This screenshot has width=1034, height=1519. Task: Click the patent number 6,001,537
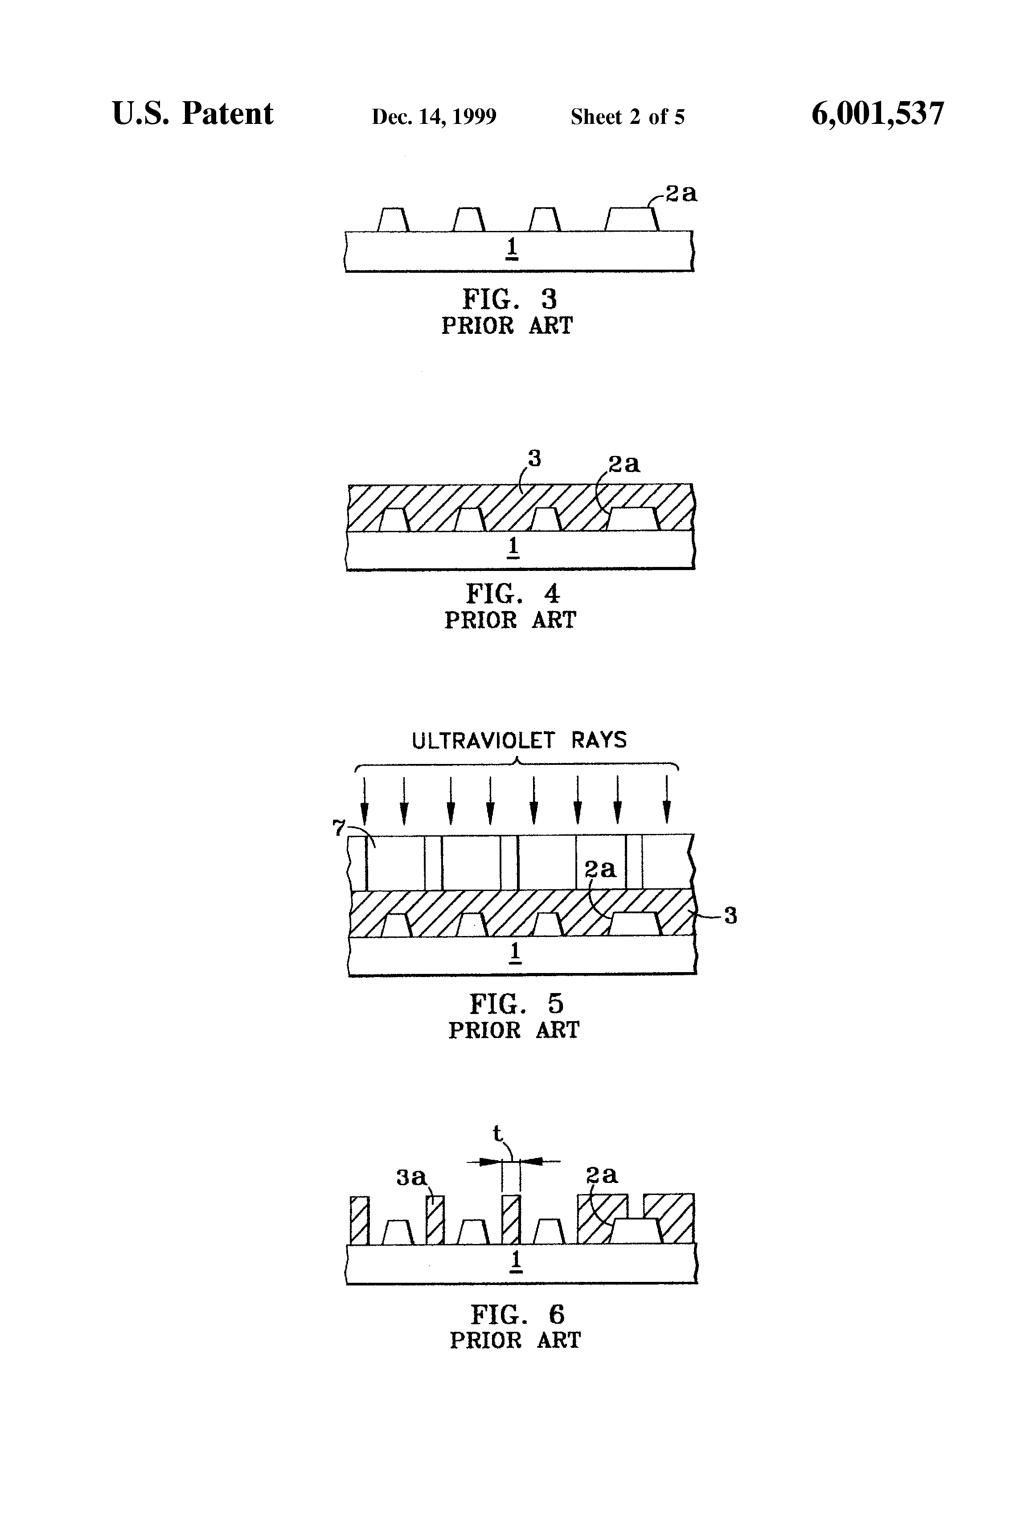pyautogui.click(x=877, y=115)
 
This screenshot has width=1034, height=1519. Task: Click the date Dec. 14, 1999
pyautogui.click(x=434, y=117)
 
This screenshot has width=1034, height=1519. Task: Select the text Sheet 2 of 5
pyautogui.click(x=628, y=117)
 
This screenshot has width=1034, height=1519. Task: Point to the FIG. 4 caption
pyautogui.click(x=513, y=594)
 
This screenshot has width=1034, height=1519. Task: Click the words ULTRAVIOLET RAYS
pyautogui.click(x=519, y=740)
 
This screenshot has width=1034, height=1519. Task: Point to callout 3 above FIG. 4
pyautogui.click(x=535, y=459)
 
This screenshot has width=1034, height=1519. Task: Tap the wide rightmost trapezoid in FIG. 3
pyautogui.click(x=632, y=220)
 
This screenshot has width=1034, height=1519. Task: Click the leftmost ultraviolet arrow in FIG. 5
pyautogui.click(x=365, y=801)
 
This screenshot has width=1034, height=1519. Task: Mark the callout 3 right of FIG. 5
pyautogui.click(x=731, y=916)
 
